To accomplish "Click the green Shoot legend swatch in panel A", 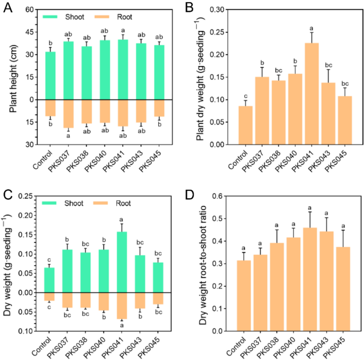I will (x=53, y=17).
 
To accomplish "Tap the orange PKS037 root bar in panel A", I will (x=69, y=113).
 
